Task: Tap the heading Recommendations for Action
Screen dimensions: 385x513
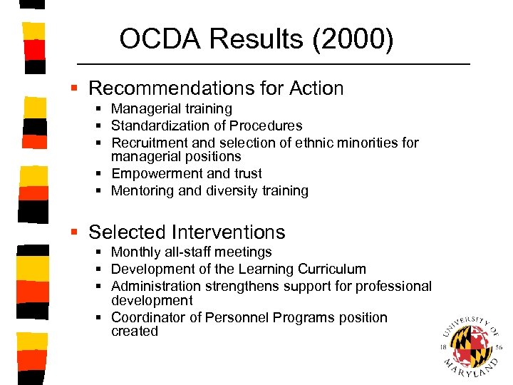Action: [x=216, y=88]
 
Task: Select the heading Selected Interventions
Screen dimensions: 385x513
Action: [x=187, y=232]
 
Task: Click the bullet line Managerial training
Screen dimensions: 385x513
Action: [x=171, y=109]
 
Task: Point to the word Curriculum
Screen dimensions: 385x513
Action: [x=332, y=269]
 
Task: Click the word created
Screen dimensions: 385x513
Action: [x=135, y=332]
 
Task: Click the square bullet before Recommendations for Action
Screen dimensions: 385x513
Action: [x=74, y=88]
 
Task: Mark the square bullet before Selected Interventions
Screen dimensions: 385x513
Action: [x=74, y=232]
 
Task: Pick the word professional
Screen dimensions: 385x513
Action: [x=395, y=287]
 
